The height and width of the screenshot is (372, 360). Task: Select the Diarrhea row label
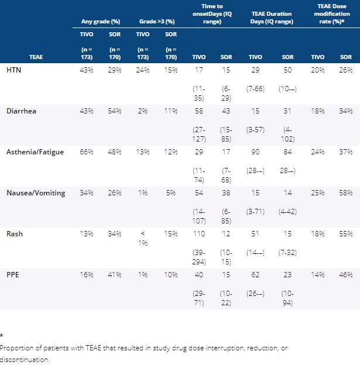(x=21, y=111)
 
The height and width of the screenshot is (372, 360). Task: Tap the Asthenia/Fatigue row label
(x=36, y=151)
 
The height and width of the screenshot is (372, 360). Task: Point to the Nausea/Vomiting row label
(x=35, y=192)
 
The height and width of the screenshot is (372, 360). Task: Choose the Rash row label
(x=15, y=233)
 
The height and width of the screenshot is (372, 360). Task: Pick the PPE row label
(x=13, y=274)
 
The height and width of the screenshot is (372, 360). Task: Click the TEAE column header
(x=36, y=57)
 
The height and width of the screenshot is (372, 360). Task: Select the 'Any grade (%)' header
(x=100, y=22)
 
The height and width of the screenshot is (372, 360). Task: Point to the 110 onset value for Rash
(x=198, y=233)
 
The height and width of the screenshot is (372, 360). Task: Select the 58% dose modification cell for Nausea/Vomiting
(x=345, y=192)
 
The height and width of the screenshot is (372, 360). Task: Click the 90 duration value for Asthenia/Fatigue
(x=255, y=151)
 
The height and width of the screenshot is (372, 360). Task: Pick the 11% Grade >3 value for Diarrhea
(x=170, y=111)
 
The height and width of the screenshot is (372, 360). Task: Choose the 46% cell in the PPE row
(x=345, y=274)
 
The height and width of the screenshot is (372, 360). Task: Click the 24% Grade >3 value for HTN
(x=143, y=70)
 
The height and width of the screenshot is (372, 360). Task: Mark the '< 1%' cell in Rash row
(x=143, y=237)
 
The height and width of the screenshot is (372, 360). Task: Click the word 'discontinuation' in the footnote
(x=25, y=360)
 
